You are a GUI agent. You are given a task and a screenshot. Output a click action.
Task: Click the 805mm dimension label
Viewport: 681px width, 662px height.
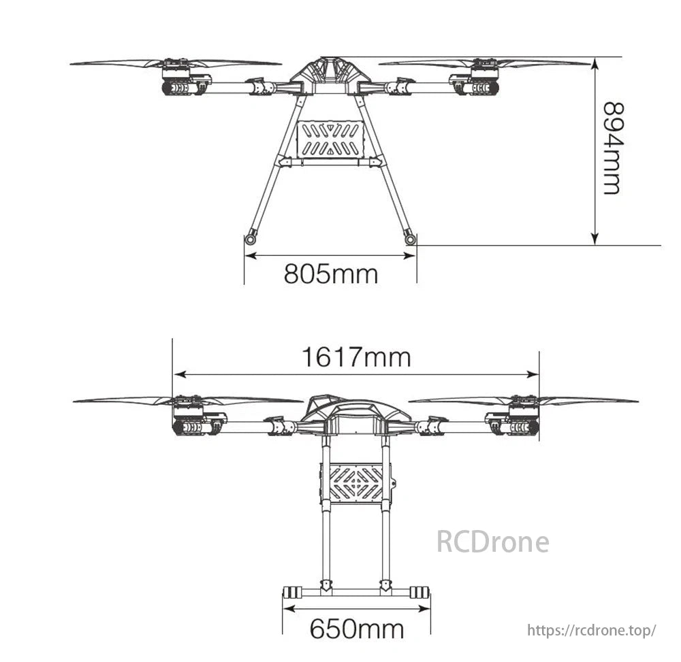coord(330,274)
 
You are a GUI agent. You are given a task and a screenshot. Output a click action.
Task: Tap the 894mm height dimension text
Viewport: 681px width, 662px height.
coord(612,148)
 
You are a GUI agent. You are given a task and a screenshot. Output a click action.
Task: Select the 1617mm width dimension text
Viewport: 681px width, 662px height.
coord(356,357)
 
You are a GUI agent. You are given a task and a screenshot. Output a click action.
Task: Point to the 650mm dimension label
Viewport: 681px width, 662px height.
coord(356,628)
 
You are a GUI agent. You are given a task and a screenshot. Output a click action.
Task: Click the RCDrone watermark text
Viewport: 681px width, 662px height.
coord(492,542)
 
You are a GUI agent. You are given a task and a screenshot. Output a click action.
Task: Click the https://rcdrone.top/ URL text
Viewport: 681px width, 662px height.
coord(592,630)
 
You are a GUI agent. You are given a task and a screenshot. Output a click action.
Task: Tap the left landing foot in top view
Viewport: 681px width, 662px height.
coord(251,238)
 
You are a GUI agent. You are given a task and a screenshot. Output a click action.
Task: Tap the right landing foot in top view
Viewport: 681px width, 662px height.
coord(410,238)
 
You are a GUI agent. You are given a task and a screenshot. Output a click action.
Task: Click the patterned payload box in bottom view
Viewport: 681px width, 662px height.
coord(355,483)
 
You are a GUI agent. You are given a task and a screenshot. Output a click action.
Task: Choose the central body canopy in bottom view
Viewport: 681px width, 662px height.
coord(355,411)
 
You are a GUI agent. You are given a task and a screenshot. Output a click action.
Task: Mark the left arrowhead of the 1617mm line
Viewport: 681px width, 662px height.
coord(178,374)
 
